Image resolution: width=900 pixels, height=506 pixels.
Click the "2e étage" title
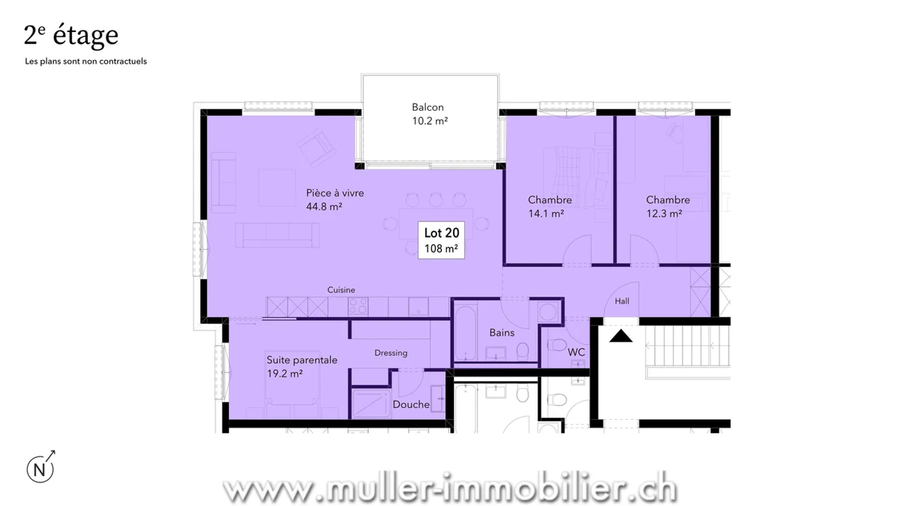pyautogui.click(x=71, y=36)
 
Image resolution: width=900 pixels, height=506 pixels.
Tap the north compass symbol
pyautogui.click(x=40, y=469)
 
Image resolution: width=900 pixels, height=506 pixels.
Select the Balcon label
pyautogui.click(x=427, y=107)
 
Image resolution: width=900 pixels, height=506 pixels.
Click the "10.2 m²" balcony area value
pyautogui.click(x=429, y=121)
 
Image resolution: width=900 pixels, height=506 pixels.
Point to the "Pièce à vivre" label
pyautogui.click(x=334, y=193)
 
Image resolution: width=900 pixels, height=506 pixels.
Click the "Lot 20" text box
pyautogui.click(x=441, y=240)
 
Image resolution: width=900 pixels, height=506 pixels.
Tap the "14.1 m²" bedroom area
pyautogui.click(x=546, y=213)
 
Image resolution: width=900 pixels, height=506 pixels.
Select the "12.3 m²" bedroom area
pyautogui.click(x=664, y=213)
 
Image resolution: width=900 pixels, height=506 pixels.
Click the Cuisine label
pyautogui.click(x=341, y=290)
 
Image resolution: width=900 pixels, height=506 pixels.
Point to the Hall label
pyautogui.click(x=622, y=301)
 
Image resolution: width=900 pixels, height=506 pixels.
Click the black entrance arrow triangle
pyautogui.click(x=621, y=337)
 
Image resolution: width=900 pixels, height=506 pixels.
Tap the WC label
pyautogui.click(x=576, y=352)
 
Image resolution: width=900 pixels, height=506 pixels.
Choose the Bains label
pyautogui.click(x=502, y=332)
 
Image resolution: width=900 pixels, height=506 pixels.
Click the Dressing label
pyautogui.click(x=391, y=353)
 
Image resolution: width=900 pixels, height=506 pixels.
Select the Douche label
pyautogui.click(x=411, y=404)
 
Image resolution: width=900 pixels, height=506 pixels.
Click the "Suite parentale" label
pyautogui.click(x=302, y=360)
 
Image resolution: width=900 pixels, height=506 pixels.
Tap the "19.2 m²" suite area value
pyautogui.click(x=284, y=374)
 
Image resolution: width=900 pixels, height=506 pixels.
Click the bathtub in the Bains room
pyautogui.click(x=464, y=332)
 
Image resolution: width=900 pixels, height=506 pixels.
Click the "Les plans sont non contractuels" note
pyautogui.click(x=86, y=62)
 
